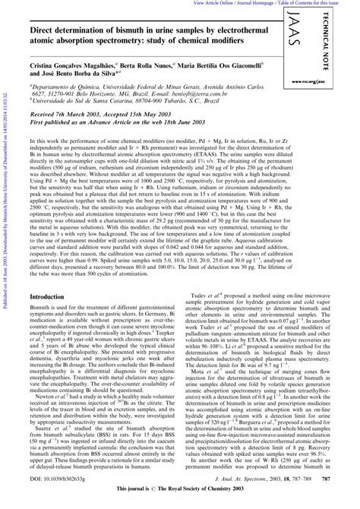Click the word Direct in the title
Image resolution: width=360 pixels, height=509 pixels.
[41, 25]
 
